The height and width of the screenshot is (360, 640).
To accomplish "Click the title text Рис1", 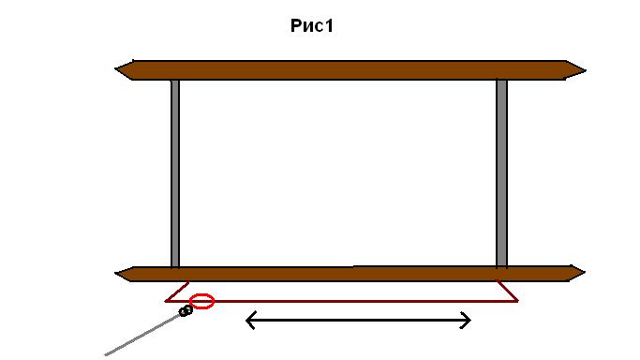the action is pyautogui.click(x=312, y=26).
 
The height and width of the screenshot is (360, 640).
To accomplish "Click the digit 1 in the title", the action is pyautogui.click(x=329, y=25).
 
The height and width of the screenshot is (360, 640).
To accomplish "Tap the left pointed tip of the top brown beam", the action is pyautogui.click(x=115, y=69).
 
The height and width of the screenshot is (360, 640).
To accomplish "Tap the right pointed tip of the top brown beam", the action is pyautogui.click(x=586, y=70).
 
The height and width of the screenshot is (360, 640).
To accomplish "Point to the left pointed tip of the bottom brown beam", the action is pyautogui.click(x=115, y=274).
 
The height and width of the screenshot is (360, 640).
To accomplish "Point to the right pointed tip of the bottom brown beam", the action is pyautogui.click(x=585, y=272).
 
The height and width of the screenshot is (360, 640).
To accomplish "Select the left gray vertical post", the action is pyautogui.click(x=175, y=173).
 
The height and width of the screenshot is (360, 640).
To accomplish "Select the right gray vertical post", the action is pyautogui.click(x=501, y=173).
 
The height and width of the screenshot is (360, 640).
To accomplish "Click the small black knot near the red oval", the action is pyautogui.click(x=186, y=311).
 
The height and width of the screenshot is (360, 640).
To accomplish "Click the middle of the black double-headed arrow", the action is pyautogui.click(x=358, y=321).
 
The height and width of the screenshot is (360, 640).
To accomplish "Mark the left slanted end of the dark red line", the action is pyautogui.click(x=177, y=292).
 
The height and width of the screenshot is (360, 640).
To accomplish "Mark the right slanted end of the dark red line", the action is pyautogui.click(x=507, y=291).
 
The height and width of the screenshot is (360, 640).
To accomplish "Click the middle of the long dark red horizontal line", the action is pyautogui.click(x=342, y=301).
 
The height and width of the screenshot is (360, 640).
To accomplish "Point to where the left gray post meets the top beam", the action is pyautogui.click(x=175, y=80).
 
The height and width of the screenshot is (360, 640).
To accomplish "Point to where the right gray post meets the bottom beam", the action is pyautogui.click(x=501, y=267).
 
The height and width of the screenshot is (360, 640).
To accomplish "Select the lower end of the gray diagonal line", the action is pyautogui.click(x=105, y=355).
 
